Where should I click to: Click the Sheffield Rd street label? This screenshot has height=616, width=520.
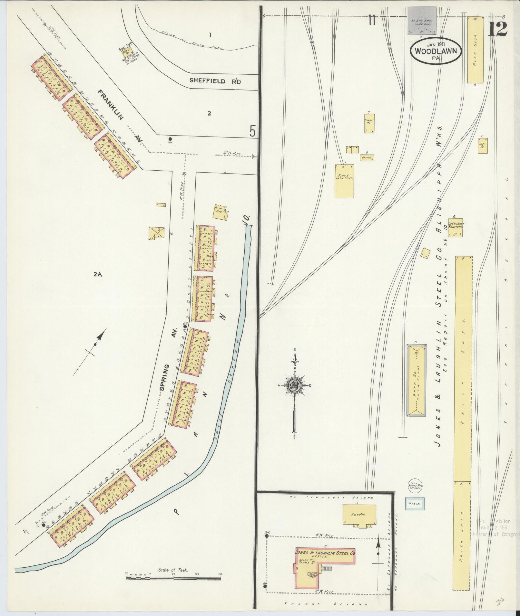point(215,81)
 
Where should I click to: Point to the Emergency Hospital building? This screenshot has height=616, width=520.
point(455,228)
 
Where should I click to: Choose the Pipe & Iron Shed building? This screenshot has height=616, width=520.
point(344,181)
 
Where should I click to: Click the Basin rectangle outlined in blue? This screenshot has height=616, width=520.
point(415,512)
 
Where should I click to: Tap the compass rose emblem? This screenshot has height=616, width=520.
point(294,385)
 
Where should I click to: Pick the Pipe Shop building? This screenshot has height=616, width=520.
point(476,50)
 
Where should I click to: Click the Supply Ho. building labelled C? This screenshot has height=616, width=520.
point(370,123)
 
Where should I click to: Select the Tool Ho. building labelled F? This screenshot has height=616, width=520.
point(483,146)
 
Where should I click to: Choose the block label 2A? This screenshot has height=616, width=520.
point(98,274)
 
